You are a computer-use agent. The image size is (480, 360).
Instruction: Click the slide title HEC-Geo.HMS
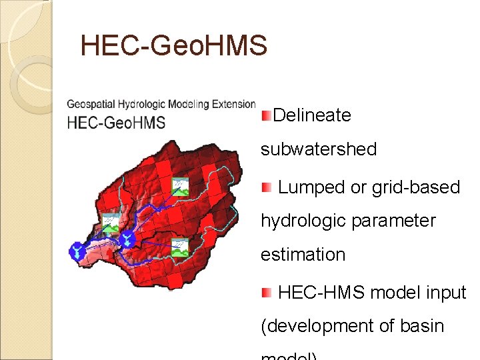pyautogui.click(x=173, y=46)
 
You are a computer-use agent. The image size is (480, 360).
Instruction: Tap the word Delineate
pyautogui.click(x=312, y=115)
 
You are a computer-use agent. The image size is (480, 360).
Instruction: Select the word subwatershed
pyautogui.click(x=319, y=149)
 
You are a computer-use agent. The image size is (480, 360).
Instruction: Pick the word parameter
pyautogui.click(x=393, y=220)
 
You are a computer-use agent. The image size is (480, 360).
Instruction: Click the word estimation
pyautogui.click(x=303, y=255)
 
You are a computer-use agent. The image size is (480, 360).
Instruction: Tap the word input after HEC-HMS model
pyautogui.click(x=443, y=292)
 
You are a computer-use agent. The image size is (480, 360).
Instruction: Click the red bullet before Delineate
pyautogui.click(x=266, y=116)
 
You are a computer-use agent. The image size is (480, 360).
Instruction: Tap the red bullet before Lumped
pyautogui.click(x=266, y=187)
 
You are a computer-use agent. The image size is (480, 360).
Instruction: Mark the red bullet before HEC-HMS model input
pyautogui.click(x=266, y=292)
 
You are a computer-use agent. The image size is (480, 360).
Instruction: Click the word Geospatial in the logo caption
pyautogui.click(x=91, y=104)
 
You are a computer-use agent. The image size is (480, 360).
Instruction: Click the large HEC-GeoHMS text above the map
pyautogui.click(x=116, y=122)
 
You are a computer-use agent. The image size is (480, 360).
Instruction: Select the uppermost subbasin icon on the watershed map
pyautogui.click(x=180, y=186)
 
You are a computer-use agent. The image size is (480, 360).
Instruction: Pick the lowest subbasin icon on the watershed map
pyautogui.click(x=179, y=247)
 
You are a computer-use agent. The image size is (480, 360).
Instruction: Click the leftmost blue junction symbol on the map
pyautogui.click(x=78, y=251)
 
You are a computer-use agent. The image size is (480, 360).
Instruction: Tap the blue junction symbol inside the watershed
pyautogui.click(x=125, y=237)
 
